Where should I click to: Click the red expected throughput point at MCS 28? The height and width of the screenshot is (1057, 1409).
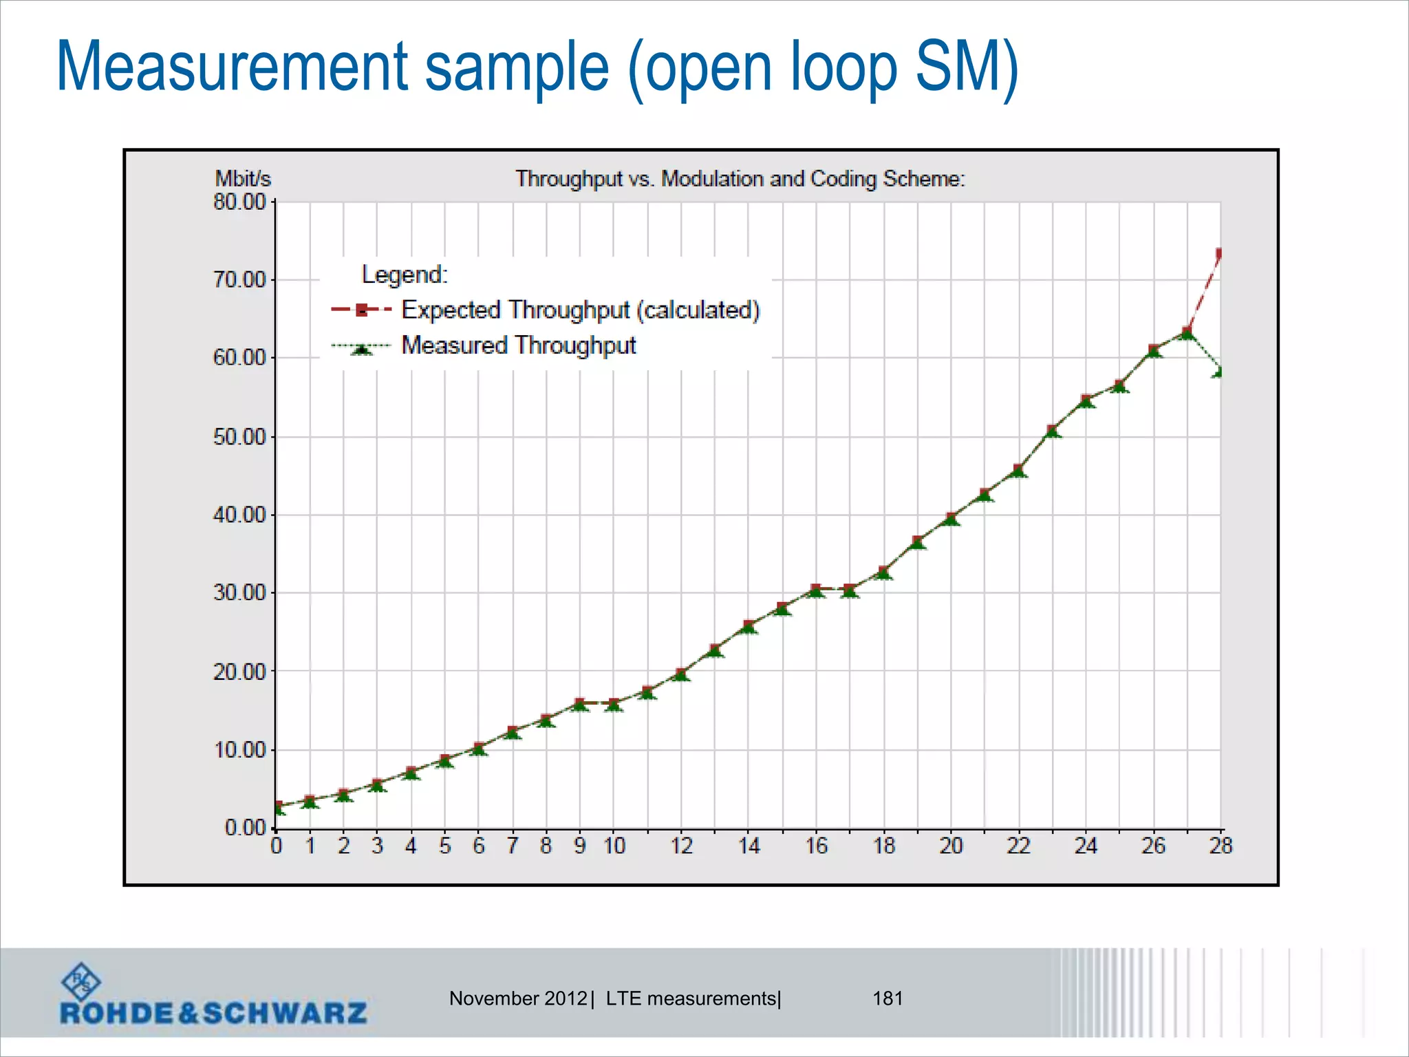point(1219,254)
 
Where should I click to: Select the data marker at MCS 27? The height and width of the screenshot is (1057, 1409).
point(1187,333)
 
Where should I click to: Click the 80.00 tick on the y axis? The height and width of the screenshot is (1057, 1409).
point(239,202)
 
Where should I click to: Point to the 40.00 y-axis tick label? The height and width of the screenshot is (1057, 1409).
point(239,515)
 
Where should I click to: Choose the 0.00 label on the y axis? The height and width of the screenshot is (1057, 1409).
point(246,827)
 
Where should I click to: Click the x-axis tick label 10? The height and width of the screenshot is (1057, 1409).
point(614,846)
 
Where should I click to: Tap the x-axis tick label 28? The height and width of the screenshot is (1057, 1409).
point(1220,846)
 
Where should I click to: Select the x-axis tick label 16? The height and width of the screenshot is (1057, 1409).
point(816,846)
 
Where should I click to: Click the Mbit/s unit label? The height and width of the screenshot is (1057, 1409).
point(243,179)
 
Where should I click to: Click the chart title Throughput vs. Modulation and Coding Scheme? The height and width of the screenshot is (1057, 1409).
point(740,179)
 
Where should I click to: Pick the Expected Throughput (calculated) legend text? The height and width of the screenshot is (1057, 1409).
point(580,310)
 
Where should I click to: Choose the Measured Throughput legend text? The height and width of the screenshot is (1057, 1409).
point(519,345)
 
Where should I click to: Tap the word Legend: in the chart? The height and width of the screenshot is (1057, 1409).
point(405,275)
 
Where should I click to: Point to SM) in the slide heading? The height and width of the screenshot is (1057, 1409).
point(966,67)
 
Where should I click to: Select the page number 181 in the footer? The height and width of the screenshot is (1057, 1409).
point(888,999)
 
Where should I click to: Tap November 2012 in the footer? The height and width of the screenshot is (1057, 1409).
point(518,999)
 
